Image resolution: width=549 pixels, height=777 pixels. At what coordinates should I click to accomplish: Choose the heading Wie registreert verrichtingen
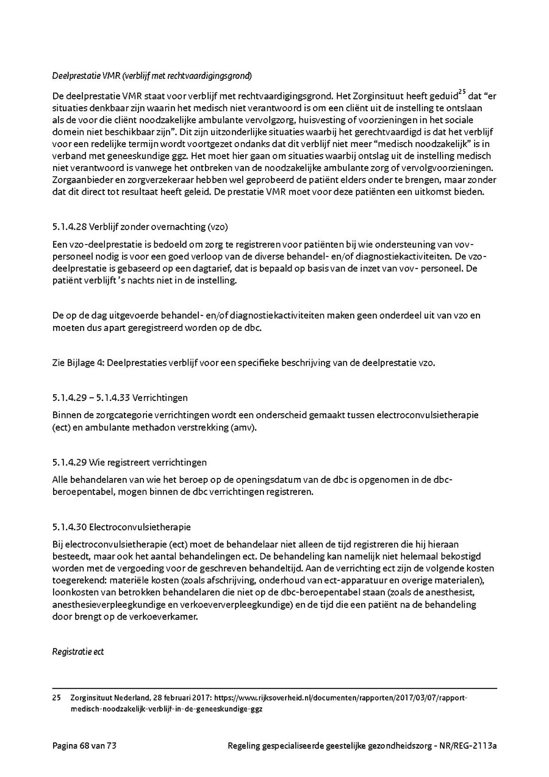148,463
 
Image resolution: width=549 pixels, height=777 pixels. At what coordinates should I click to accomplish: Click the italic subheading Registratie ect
78,652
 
